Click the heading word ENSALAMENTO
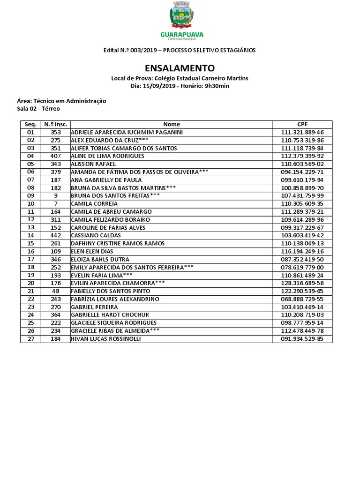pos(180,67)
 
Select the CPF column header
pos(302,124)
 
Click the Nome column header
pos(171,124)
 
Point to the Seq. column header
pos(30,124)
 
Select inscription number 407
pos(55,156)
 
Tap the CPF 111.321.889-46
pos(302,132)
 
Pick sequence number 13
pos(30,227)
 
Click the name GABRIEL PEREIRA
pos(94,307)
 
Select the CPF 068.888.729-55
pos(302,299)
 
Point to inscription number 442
pos(55,235)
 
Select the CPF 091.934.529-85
pos(302,339)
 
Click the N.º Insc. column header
pos(55,124)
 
